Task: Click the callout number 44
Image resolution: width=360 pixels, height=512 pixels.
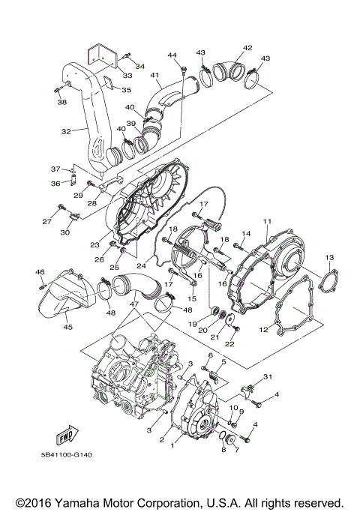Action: pos(172,55)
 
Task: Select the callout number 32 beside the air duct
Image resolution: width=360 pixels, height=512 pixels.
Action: pos(65,131)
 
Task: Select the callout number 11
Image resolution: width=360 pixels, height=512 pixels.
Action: pos(265,220)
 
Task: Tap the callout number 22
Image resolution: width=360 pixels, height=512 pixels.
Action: pos(230,344)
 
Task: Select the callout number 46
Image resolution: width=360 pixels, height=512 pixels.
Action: pos(40,271)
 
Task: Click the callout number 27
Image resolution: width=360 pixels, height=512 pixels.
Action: pos(46,222)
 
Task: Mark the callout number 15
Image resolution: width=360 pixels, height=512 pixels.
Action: pos(191,298)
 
